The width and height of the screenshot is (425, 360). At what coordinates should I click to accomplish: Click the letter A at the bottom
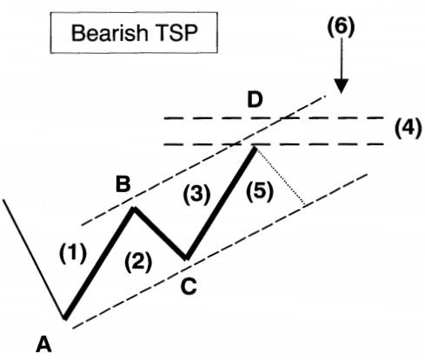pyautogui.click(x=43, y=344)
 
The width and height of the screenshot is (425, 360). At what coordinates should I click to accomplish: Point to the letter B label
pyautogui.click(x=122, y=184)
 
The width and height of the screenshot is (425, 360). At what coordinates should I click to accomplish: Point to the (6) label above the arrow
pyautogui.click(x=340, y=26)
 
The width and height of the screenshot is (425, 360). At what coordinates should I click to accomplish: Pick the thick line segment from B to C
pyautogui.click(x=160, y=233)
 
